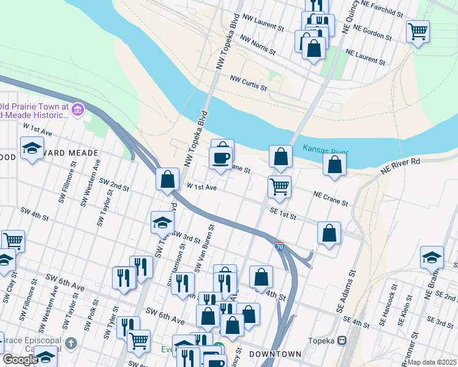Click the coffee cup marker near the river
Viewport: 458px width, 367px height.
click(x=220, y=157)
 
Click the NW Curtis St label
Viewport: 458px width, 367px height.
click(x=248, y=83)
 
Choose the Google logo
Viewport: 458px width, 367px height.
click(x=20, y=359)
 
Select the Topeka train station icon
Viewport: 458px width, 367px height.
click(x=342, y=340)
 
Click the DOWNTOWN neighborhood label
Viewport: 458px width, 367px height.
click(x=275, y=354)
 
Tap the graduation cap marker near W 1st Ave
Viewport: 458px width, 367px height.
click(x=31, y=148)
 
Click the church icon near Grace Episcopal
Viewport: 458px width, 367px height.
click(x=71, y=342)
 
